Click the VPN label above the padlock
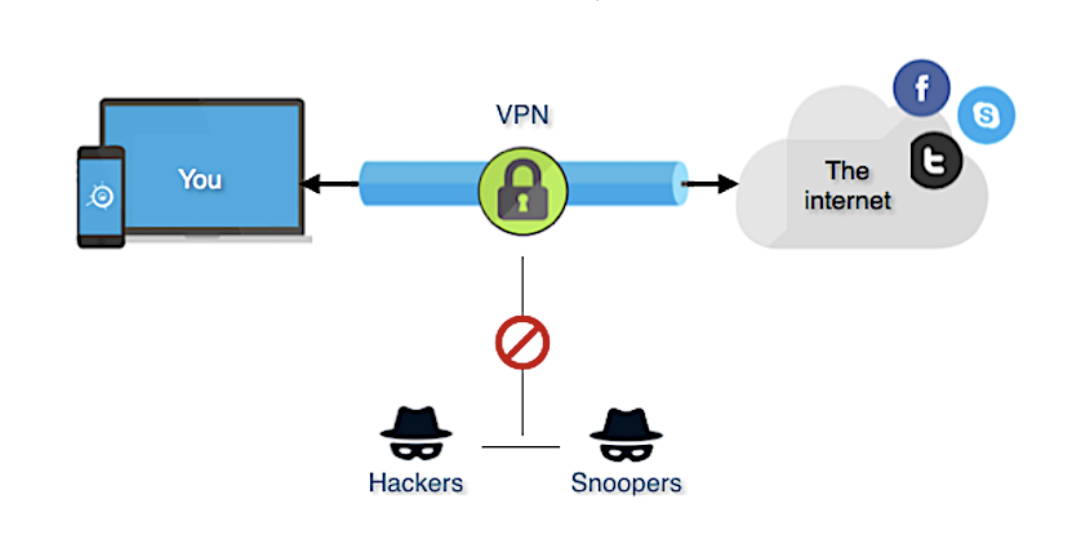pyautogui.click(x=522, y=115)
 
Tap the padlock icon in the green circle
pyautogui.click(x=523, y=191)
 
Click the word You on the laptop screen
pyautogui.click(x=200, y=179)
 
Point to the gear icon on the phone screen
pyautogui.click(x=101, y=197)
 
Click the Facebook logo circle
pyautogui.click(x=921, y=88)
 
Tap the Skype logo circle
pyautogui.click(x=985, y=115)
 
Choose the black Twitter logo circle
pyautogui.click(x=935, y=161)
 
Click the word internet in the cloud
pyautogui.click(x=847, y=201)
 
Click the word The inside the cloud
pyautogui.click(x=847, y=171)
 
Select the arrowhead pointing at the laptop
pyautogui.click(x=311, y=184)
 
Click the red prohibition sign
pyautogui.click(x=522, y=343)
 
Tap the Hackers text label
pyautogui.click(x=416, y=483)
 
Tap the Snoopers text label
pyautogui.click(x=626, y=483)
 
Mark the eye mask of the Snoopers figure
pyautogui.click(x=626, y=453)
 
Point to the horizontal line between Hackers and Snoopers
pyautogui.click(x=520, y=447)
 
